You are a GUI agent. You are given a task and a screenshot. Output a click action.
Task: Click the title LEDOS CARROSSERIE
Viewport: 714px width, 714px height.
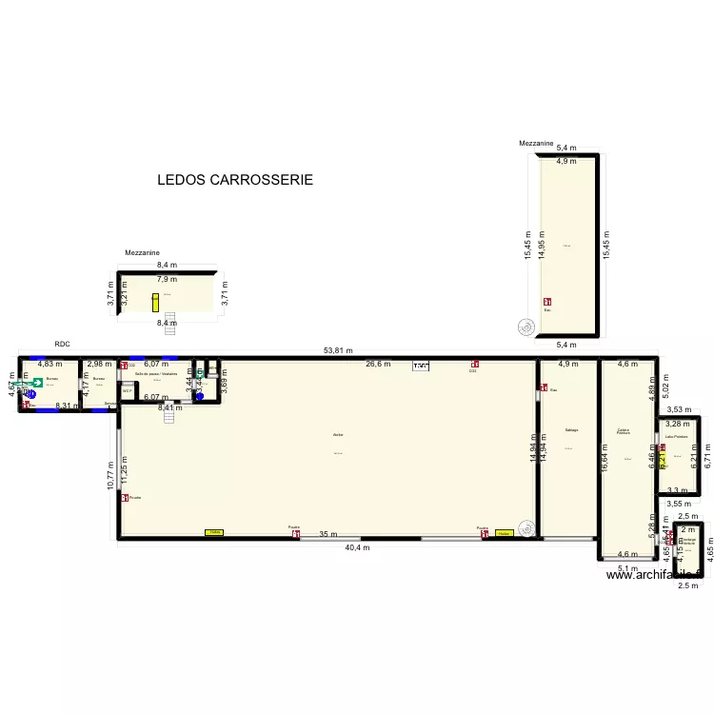coord(235,180)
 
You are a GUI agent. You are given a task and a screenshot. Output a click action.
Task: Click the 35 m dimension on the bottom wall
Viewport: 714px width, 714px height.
coord(327,535)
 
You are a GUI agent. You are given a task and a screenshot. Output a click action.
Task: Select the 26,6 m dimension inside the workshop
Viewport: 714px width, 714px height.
coord(377,364)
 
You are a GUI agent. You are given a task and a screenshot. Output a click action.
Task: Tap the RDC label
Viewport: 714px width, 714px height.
coord(63,343)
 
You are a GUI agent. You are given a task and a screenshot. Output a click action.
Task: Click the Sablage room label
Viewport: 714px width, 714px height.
coord(571,430)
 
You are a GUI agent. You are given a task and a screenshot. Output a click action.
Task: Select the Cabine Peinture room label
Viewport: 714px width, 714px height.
coord(624,431)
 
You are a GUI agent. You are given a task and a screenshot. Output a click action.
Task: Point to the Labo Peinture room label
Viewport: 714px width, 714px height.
coord(676,437)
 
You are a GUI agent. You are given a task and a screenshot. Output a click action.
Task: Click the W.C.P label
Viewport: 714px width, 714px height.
coord(127,390)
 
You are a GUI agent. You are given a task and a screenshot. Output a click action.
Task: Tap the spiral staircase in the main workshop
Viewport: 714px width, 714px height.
coord(526,526)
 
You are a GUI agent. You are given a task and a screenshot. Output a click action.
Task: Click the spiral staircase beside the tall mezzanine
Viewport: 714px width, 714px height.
coord(525,327)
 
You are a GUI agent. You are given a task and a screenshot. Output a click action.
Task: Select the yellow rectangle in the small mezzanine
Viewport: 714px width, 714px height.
coord(155,302)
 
